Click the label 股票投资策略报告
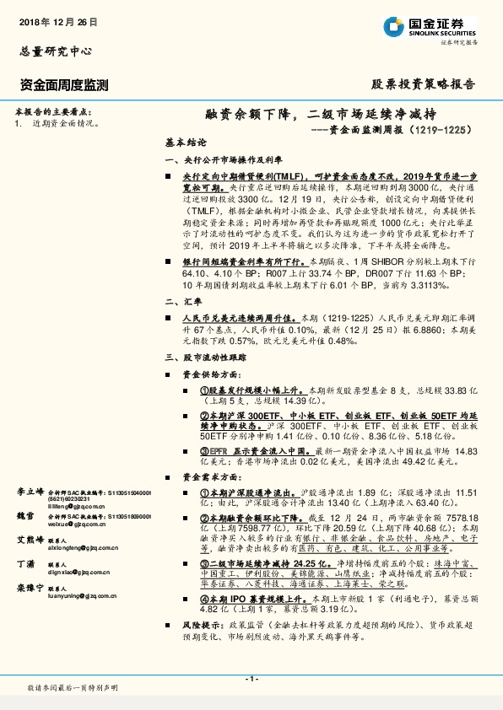pyautogui.click(x=424, y=84)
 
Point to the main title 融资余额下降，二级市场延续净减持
pyautogui.click(x=322, y=114)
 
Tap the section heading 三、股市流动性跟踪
pyautogui.click(x=203, y=358)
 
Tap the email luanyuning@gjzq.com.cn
pyautogui.click(x=83, y=595)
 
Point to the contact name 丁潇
pyautogui.click(x=26, y=564)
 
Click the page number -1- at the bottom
pyautogui.click(x=251, y=679)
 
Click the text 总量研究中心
pyautogui.click(x=55, y=51)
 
